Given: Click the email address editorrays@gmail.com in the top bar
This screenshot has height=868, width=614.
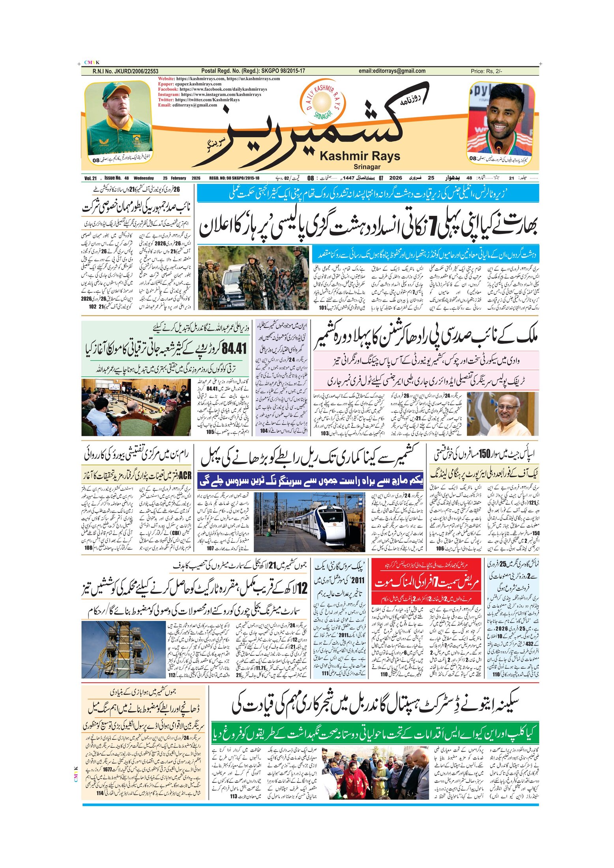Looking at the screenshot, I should pyautogui.click(x=392, y=71).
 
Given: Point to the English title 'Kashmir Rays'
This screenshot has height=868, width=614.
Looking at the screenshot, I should pyautogui.click(x=359, y=156).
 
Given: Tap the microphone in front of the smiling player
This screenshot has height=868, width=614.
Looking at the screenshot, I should pyautogui.click(x=498, y=146).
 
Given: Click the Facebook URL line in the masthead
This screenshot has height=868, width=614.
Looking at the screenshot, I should pyautogui.click(x=212, y=89).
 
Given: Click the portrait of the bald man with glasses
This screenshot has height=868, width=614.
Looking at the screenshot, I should pyautogui.click(x=502, y=413).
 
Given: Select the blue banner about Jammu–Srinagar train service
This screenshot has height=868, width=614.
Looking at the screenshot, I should pyautogui.click(x=310, y=481).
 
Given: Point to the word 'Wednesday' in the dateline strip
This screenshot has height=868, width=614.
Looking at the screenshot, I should pyautogui.click(x=144, y=178).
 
